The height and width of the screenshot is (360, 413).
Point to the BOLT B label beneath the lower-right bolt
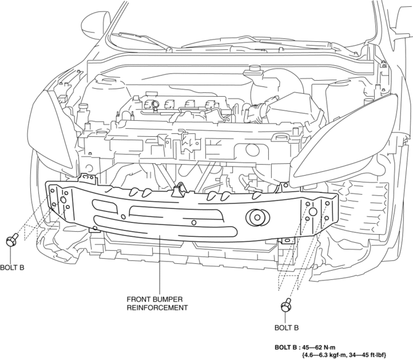[287, 327]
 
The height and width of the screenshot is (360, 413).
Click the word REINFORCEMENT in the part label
[157, 307]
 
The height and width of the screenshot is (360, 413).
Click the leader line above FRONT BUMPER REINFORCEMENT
[159, 265]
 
